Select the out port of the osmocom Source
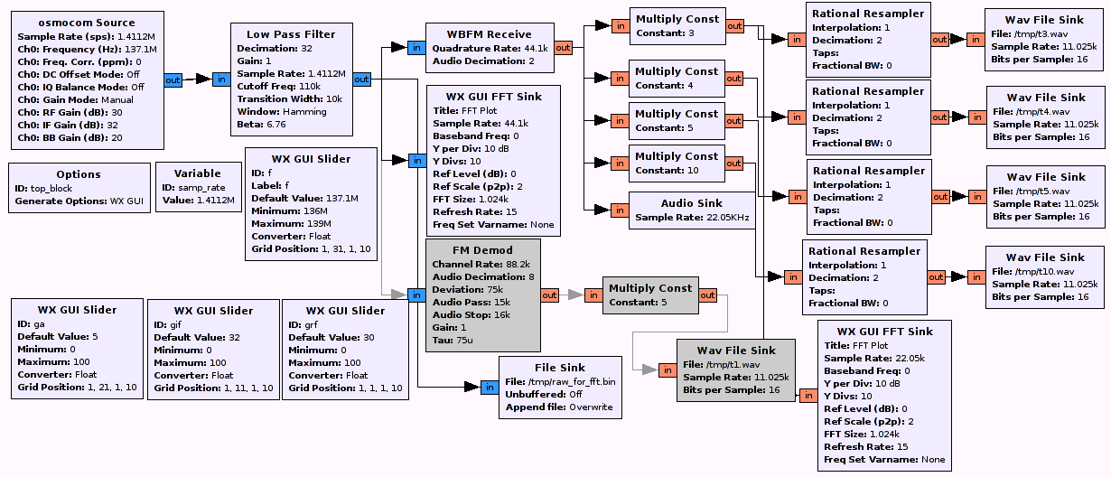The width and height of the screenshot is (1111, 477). pos(173,80)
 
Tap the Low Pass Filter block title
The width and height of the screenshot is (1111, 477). pos(291,34)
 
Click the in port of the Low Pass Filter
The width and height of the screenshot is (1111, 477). pos(221,80)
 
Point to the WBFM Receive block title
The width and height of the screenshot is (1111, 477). pos(490,34)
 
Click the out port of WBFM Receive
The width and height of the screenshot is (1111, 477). pos(563,47)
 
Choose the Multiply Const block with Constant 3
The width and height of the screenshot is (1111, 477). pos(677,25)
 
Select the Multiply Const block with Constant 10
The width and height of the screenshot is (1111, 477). pos(677,163)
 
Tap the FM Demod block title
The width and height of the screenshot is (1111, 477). pos(483,250)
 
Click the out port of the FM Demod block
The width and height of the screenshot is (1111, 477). pos(549,295)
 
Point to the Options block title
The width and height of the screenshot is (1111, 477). pos(79,174)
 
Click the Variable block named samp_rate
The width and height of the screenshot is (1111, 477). pos(197,187)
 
